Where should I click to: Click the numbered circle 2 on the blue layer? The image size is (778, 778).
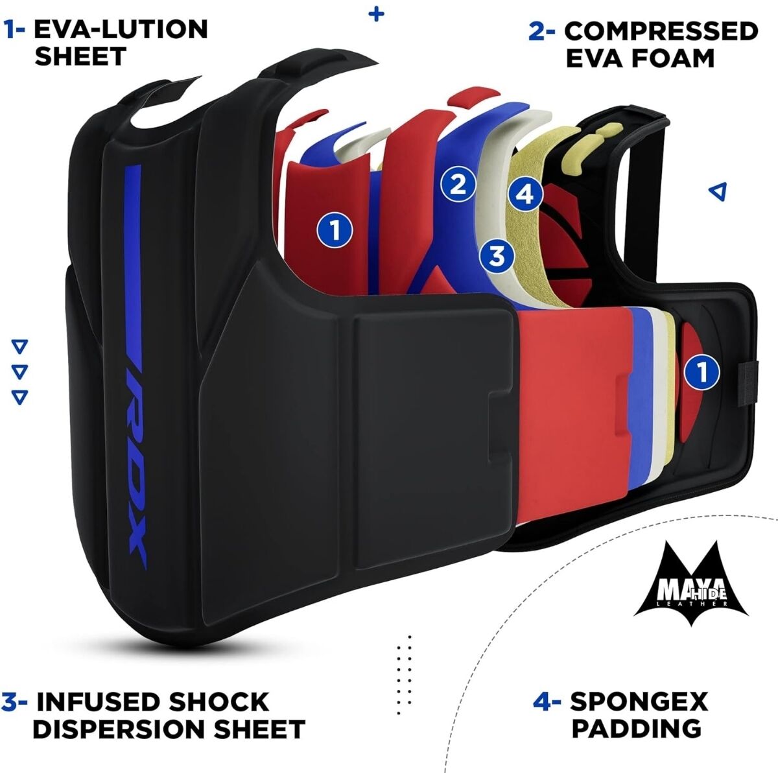click(x=458, y=184)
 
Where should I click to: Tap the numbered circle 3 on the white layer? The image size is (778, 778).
click(x=497, y=255)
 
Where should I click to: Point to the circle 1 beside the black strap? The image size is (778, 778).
click(x=701, y=372)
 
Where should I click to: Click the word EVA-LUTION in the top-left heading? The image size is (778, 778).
click(x=121, y=29)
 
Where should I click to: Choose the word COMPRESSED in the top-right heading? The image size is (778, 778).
click(x=661, y=30)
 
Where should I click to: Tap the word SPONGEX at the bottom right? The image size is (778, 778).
click(x=639, y=701)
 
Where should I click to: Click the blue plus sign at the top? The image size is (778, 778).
click(x=376, y=14)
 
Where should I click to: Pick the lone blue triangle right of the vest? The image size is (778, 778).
click(x=718, y=191)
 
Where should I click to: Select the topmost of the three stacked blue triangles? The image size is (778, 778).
click(x=20, y=347)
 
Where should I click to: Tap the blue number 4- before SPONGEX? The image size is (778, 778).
click(x=546, y=701)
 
